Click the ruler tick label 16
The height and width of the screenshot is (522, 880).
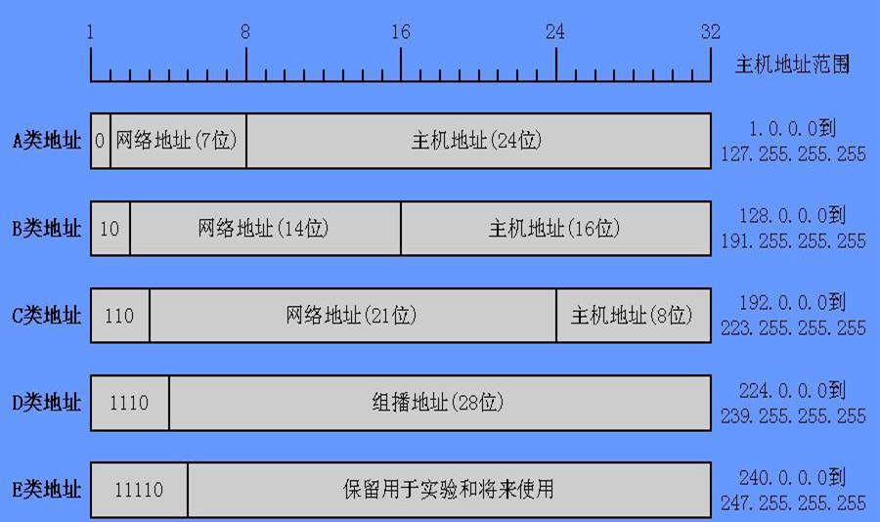coord(400,32)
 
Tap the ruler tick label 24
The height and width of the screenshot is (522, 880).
coord(555,32)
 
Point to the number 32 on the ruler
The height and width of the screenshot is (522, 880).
coord(710,32)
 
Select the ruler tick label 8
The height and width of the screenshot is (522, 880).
coord(244,32)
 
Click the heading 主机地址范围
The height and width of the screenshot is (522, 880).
coord(792,65)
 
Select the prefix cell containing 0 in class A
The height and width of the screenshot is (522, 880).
coord(100,141)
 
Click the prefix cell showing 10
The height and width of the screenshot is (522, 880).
coord(110,229)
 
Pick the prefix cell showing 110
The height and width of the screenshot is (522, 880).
coord(119,316)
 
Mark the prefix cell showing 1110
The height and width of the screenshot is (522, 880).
coord(129,402)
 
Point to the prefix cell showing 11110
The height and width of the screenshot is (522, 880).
coord(139,490)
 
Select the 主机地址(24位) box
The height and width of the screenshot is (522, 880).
coord(477,141)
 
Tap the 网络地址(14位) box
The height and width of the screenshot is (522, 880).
coord(264,229)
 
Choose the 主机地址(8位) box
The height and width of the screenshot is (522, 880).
coord(633,316)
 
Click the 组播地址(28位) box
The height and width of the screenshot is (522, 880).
coord(439,402)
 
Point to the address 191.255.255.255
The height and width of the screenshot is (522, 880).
coord(793,241)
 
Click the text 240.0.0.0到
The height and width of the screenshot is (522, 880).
coord(793,479)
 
